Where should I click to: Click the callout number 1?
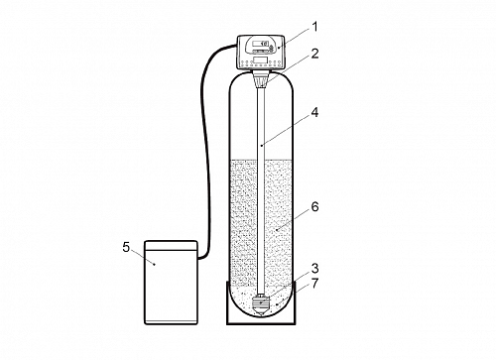[x=314, y=27]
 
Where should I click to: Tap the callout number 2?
[x=314, y=54]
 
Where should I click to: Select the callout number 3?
[x=314, y=269]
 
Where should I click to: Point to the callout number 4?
[x=314, y=112]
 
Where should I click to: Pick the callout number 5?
[x=126, y=247]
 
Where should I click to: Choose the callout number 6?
[x=314, y=206]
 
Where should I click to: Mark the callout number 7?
[x=314, y=284]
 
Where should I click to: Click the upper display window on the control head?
[x=260, y=44]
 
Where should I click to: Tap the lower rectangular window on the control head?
[x=261, y=60]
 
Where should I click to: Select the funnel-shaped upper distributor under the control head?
[x=261, y=79]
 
